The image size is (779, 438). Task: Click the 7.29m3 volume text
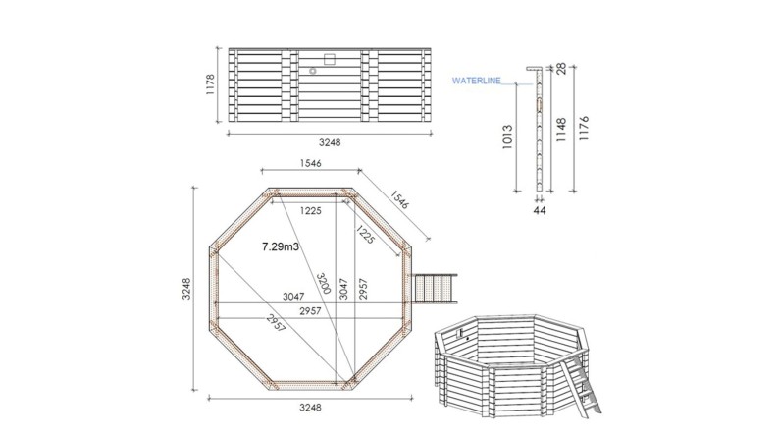(x=281, y=248)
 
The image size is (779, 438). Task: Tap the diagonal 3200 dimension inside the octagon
(x=323, y=284)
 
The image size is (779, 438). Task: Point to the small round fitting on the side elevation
(x=313, y=71)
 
